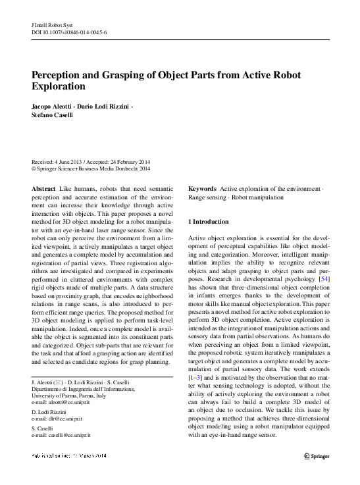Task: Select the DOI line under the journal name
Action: click(x=70, y=31)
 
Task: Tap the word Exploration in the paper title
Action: click(x=59, y=86)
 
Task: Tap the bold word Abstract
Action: click(x=43, y=189)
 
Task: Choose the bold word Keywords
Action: click(x=202, y=189)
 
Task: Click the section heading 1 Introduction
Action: click(x=209, y=222)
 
